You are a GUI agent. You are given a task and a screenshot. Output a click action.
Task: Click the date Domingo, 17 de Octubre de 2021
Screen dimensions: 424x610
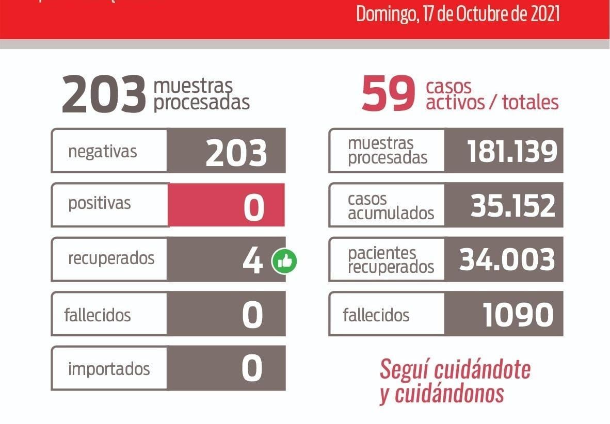tap(458, 14)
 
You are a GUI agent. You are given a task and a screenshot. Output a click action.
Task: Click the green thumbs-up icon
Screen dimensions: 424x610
tap(284, 262)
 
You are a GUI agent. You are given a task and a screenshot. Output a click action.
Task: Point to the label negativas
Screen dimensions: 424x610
tap(102, 152)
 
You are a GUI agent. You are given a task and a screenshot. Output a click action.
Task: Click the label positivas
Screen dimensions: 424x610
tap(99, 203)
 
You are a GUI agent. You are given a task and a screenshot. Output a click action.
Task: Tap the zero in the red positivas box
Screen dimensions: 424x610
tap(253, 206)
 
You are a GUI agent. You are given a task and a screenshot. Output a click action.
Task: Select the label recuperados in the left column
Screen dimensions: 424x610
tap(111, 258)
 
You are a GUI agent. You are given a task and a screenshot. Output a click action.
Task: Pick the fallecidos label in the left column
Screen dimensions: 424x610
tap(97, 314)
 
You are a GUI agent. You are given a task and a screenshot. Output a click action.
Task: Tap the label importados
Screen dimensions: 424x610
tap(108, 369)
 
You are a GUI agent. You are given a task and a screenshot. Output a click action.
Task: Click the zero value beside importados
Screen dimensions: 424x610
tap(252, 369)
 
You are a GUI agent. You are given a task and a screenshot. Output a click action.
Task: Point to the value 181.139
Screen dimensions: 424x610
tap(512, 151)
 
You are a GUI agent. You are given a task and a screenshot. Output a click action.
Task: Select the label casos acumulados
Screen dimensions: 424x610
tap(391, 206)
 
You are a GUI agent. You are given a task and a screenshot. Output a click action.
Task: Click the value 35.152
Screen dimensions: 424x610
tap(512, 205)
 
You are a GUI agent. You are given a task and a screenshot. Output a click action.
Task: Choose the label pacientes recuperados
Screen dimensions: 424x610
tap(391, 260)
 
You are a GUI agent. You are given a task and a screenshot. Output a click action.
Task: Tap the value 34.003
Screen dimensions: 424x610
tap(507, 259)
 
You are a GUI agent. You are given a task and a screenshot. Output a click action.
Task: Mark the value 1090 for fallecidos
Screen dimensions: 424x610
tap(518, 314)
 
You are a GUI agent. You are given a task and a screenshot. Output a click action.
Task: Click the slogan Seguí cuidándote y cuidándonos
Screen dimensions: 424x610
tap(455, 381)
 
